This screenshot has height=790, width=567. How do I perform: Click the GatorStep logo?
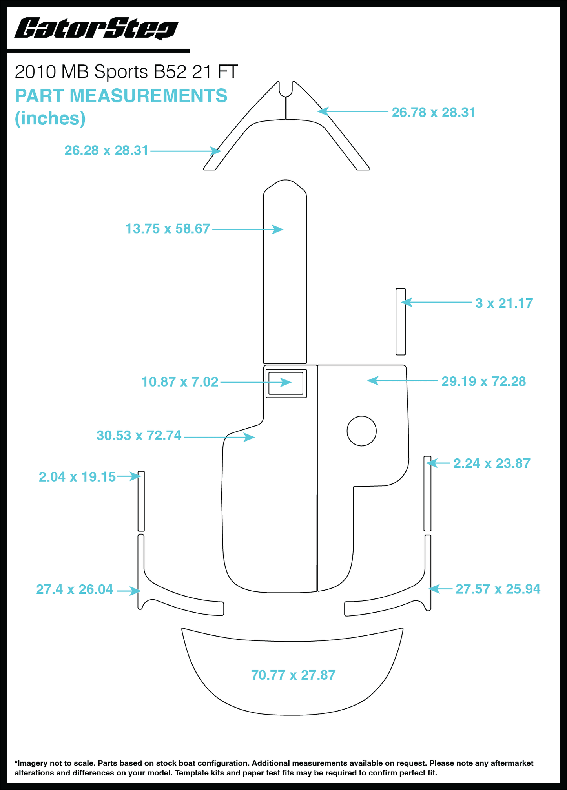coord(96,29)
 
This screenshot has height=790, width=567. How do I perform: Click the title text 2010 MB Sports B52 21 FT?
coord(126,72)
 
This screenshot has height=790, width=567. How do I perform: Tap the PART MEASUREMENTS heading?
coord(121,96)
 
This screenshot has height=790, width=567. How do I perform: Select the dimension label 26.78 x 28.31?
coord(434,112)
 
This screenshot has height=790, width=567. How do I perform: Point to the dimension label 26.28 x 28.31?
coord(106,150)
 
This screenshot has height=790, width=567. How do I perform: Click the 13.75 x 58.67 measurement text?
coord(168,228)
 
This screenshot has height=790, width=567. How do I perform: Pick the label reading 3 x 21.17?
coord(504,303)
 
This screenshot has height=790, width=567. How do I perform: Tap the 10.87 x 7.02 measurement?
coord(180,381)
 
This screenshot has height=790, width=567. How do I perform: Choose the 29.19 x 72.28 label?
coord(483,381)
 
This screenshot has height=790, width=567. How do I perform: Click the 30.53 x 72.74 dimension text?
coord(139,435)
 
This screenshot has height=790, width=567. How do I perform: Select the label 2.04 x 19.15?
coord(77,477)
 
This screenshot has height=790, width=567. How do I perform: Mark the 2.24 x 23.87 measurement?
coord(492,463)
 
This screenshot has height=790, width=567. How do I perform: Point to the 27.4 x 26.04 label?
coord(75,589)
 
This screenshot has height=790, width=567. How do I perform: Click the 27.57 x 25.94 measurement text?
coord(498,589)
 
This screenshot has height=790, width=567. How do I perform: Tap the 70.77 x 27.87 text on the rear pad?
coord(293,675)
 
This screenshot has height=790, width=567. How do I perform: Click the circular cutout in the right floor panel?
coord(362,431)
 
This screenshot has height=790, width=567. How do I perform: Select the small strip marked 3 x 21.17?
coord(401,322)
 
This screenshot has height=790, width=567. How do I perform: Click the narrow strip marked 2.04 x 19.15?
coord(141,501)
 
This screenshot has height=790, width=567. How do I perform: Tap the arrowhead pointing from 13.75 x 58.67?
coord(278,229)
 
